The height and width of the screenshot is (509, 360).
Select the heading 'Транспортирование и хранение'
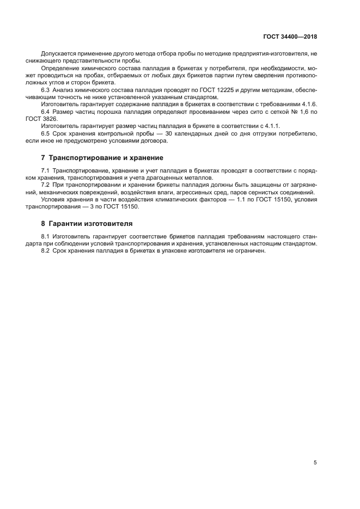(x=106, y=158)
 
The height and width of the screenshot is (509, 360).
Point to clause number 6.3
(x=46, y=89)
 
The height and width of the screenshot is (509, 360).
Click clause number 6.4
(x=46, y=111)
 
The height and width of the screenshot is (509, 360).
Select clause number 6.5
(x=46, y=133)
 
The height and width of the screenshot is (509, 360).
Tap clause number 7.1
(x=46, y=171)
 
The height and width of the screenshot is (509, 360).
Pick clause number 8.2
(x=46, y=251)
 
